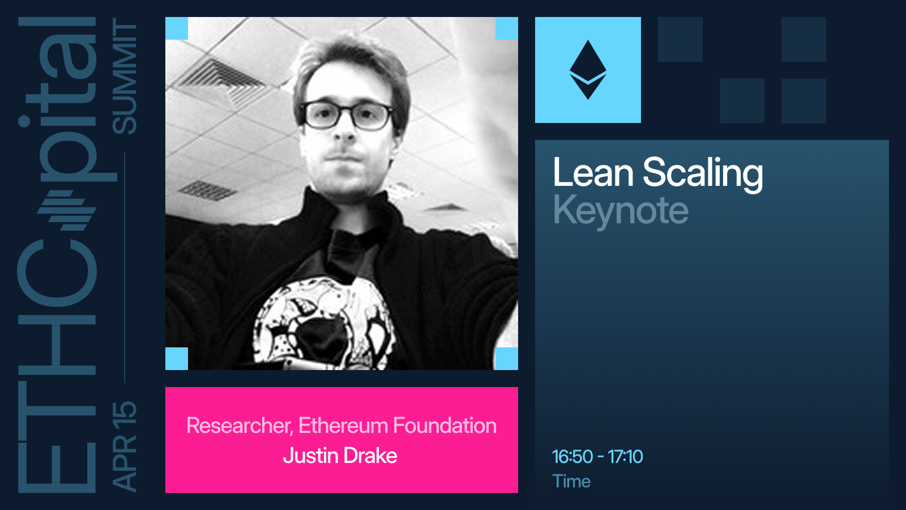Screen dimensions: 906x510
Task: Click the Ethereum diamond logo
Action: (x=588, y=70)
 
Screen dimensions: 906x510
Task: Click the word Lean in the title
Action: (x=593, y=172)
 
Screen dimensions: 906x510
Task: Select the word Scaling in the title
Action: (x=703, y=174)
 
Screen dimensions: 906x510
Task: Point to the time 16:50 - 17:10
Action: (x=597, y=457)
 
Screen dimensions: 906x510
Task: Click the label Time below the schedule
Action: (x=571, y=481)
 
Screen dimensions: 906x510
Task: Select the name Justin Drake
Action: (x=340, y=456)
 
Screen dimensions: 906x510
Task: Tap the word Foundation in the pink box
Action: (x=445, y=426)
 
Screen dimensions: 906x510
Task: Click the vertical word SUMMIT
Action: (x=125, y=76)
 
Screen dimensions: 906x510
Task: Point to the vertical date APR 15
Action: (x=124, y=447)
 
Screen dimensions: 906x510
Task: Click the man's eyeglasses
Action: (x=348, y=116)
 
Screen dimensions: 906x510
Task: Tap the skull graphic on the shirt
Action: (x=323, y=324)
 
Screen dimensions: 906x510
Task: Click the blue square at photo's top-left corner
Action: (x=177, y=28)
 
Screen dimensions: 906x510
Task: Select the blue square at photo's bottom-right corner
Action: (x=507, y=359)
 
